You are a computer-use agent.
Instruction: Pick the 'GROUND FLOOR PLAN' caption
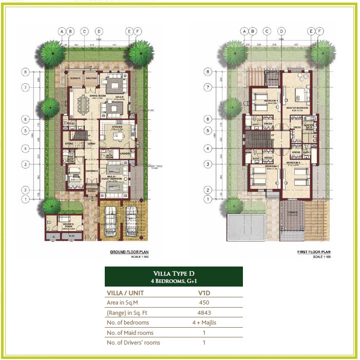coord(129,252)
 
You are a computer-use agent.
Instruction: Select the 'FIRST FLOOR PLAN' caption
coord(312,252)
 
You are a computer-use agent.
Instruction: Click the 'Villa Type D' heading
coord(174,274)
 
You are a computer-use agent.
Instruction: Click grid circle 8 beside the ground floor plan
coord(24,72)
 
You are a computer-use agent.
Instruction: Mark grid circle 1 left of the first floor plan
coord(207,199)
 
